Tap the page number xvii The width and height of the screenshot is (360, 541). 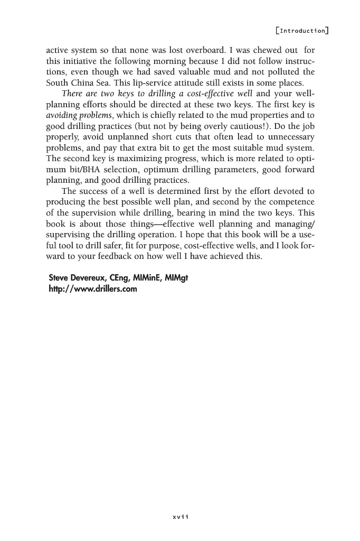pyautogui.click(x=180, y=516)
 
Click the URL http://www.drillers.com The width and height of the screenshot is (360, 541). pyautogui.click(x=92, y=288)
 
